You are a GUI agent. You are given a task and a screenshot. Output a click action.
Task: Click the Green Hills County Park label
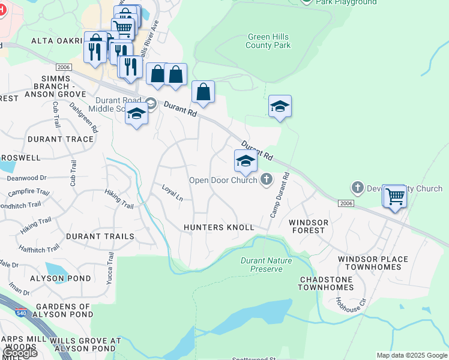tap(268, 41)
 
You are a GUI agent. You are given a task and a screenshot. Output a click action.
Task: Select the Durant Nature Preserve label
tap(266, 265)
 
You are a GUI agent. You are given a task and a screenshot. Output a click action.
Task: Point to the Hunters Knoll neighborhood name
tap(219, 227)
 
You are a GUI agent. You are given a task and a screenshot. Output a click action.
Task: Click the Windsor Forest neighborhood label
tap(309, 227)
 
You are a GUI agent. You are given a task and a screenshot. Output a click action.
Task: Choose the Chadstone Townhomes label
tap(326, 283)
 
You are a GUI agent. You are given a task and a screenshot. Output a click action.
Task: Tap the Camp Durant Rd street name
tap(277, 195)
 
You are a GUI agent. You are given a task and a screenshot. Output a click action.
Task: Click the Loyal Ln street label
tap(172, 193)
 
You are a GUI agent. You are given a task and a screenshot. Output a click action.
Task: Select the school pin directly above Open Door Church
tap(246, 161)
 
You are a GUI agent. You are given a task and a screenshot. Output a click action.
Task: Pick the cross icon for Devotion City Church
tap(358, 188)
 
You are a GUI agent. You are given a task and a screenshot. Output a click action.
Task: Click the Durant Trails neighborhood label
tap(100, 236)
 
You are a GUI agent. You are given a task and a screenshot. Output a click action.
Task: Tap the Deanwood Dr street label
tap(26, 178)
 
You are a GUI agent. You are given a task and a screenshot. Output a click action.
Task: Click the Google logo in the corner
tap(19, 353)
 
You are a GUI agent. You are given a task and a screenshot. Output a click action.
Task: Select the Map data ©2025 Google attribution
tap(412, 355)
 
